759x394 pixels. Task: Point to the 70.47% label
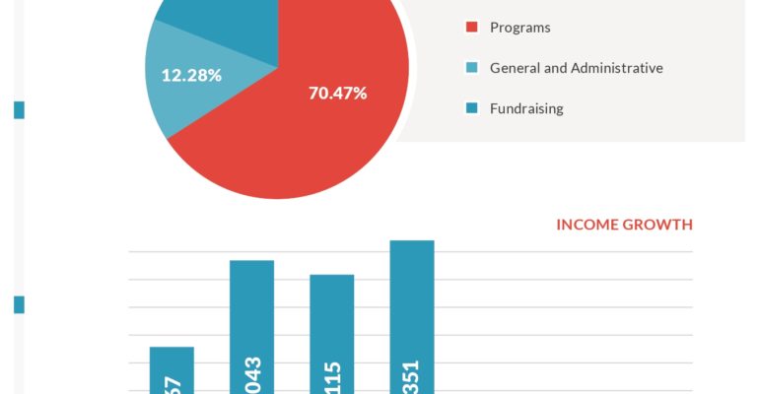click(x=337, y=94)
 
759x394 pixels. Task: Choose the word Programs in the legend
click(x=519, y=28)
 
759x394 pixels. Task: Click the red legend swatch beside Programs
click(x=471, y=28)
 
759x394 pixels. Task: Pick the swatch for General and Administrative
click(x=471, y=68)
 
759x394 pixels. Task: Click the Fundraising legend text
click(x=526, y=108)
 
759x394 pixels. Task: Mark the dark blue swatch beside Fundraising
click(x=471, y=108)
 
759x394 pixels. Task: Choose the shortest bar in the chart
click(x=172, y=369)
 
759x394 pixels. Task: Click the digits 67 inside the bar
click(x=172, y=383)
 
